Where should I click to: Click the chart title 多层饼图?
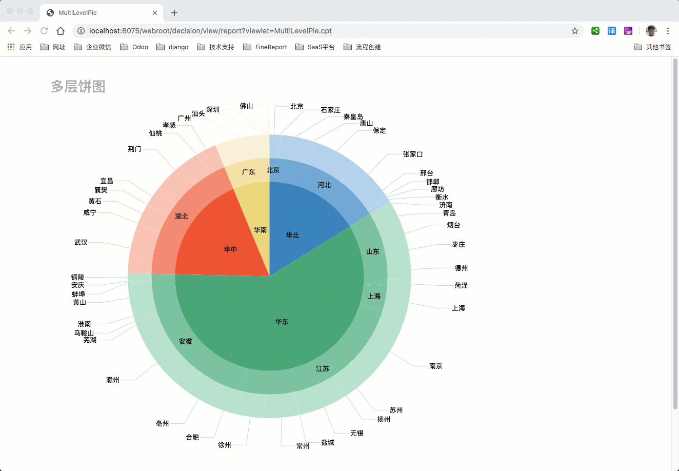tap(78, 87)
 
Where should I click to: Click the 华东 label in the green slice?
tap(282, 322)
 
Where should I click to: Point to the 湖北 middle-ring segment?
tap(182, 217)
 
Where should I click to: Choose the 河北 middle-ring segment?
tap(324, 185)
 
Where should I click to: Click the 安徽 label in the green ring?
tap(185, 342)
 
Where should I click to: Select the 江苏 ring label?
tap(323, 369)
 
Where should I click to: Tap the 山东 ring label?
tap(373, 252)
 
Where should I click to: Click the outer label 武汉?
tap(81, 243)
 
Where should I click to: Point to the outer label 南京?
tap(435, 366)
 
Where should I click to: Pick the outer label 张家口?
tap(412, 154)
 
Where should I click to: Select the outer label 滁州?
tap(113, 380)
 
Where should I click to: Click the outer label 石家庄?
tap(330, 110)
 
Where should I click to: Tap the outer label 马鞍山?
tap(84, 333)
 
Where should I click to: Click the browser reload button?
tap(44, 31)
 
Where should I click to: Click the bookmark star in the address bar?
tap(575, 31)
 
